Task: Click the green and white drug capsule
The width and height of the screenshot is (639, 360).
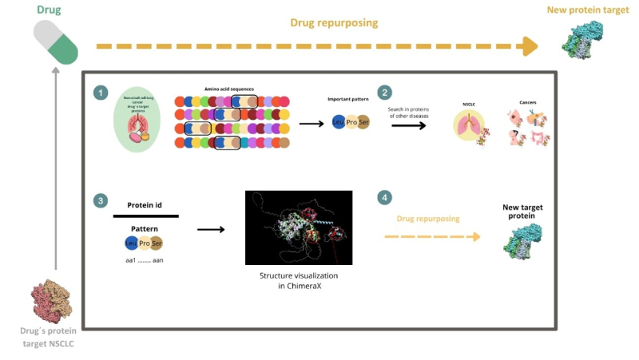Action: (x=56, y=42)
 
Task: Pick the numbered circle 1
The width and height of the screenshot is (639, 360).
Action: (x=100, y=93)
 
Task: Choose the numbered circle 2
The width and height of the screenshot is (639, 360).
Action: (x=385, y=93)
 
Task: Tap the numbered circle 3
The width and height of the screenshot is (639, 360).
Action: (x=100, y=201)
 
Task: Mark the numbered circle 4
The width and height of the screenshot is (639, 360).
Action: (x=385, y=197)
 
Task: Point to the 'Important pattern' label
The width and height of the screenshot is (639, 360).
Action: (x=347, y=100)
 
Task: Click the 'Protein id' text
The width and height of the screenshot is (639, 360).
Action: (x=145, y=205)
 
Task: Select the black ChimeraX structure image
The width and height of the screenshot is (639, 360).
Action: (x=299, y=227)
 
